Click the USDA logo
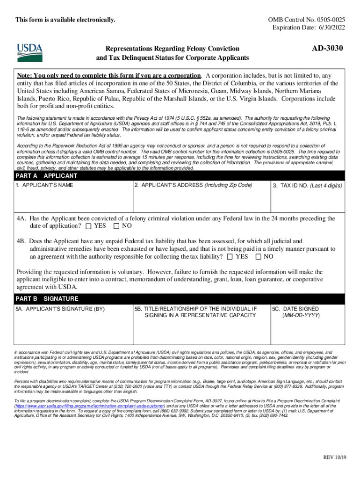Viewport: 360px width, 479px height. point(30,53)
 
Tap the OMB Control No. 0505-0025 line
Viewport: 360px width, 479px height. point(306,20)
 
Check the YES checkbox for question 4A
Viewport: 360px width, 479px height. point(89,226)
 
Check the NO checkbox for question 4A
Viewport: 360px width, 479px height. point(116,226)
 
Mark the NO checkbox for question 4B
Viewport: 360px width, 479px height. point(258,257)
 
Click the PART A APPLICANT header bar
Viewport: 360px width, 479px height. point(180,176)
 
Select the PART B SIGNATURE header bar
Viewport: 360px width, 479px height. point(180,298)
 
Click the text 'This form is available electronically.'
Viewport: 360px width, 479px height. point(65,20)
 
